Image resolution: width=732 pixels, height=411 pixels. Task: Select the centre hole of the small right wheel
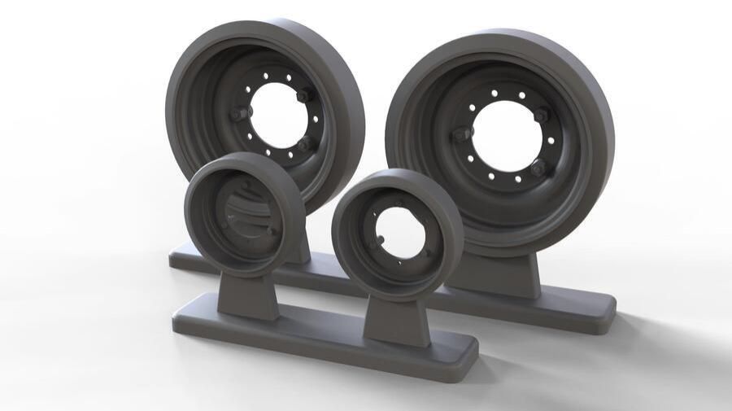(398, 232)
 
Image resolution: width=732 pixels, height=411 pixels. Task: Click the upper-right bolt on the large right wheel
(541, 116)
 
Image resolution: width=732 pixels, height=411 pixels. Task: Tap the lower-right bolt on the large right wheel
(538, 168)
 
